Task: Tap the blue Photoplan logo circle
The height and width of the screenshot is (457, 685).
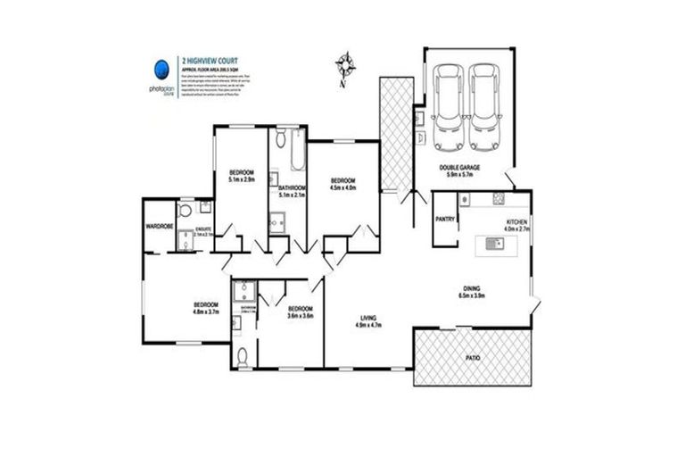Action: [x=161, y=71]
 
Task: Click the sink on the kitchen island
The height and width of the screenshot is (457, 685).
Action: [x=490, y=243]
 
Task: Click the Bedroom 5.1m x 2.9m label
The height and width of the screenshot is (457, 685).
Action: [x=242, y=176]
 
